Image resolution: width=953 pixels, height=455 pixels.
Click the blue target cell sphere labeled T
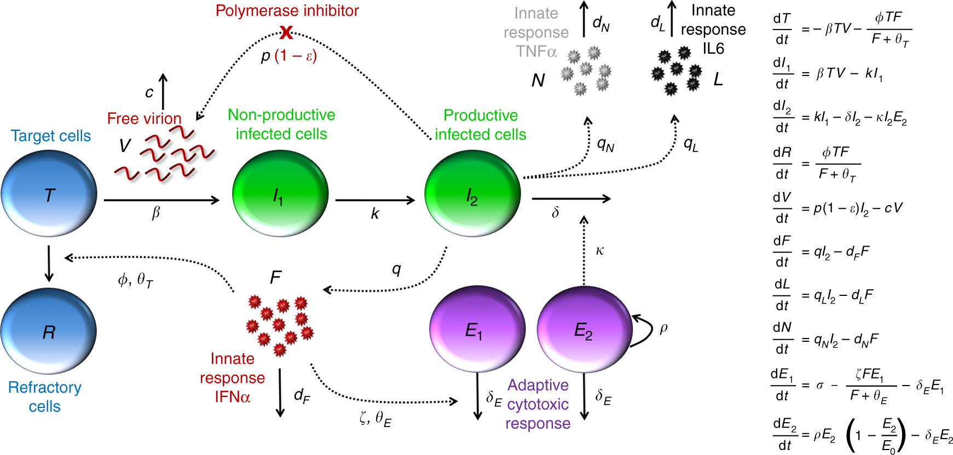[49, 194]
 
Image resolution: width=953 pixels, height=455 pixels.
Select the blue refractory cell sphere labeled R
[48, 331]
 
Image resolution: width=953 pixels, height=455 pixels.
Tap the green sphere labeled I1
[280, 194]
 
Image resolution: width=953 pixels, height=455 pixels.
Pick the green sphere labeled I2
[472, 194]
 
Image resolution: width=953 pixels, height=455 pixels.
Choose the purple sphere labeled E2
[584, 330]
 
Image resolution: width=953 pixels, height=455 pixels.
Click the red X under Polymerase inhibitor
[286, 33]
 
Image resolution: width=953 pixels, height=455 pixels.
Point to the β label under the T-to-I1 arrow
[156, 213]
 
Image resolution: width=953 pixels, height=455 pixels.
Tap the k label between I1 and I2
[375, 214]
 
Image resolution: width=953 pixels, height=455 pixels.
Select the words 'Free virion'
[144, 119]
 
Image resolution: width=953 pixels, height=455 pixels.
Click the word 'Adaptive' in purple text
[538, 385]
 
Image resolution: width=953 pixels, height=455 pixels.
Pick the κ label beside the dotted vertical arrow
[600, 251]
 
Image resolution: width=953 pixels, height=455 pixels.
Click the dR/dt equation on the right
[816, 163]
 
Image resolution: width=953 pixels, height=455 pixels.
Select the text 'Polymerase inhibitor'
[287, 10]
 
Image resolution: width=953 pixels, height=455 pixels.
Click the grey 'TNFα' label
[536, 51]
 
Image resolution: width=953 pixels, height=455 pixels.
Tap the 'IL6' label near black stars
[713, 49]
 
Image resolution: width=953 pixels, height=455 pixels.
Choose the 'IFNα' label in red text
[232, 396]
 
